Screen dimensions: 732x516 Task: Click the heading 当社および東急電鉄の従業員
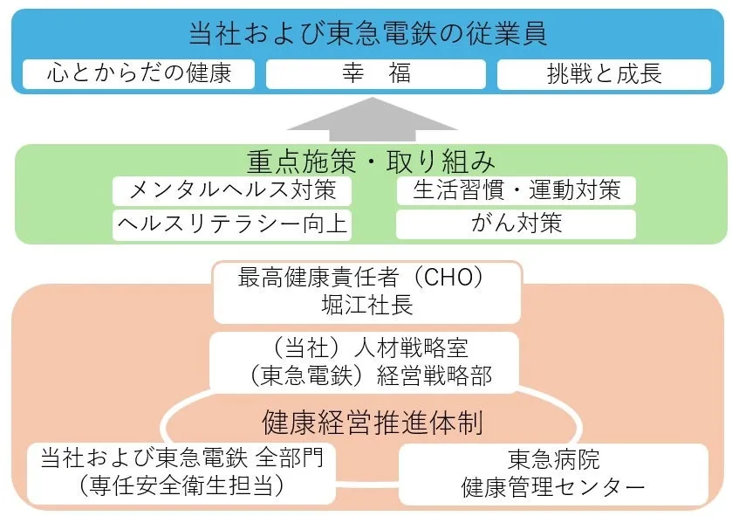[367, 34]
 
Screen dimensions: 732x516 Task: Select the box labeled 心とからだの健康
[139, 74]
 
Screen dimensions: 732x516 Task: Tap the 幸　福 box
[376, 74]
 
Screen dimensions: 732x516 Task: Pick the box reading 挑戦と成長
[604, 74]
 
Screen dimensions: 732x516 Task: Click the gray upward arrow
[372, 119]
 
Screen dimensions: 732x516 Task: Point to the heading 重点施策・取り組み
[371, 162]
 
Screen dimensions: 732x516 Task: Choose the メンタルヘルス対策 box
[232, 190]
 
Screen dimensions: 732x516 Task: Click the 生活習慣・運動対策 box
[517, 190]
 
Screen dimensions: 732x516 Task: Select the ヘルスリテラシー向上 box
[232, 225]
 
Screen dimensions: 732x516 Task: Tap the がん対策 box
[516, 224]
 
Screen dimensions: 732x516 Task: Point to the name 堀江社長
[367, 306]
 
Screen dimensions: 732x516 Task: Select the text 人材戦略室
[411, 347]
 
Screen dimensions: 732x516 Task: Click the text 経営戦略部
[434, 376]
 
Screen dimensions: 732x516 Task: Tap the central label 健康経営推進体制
[372, 423]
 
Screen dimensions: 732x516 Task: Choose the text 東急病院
[554, 459]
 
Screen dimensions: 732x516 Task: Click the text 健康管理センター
[553, 487]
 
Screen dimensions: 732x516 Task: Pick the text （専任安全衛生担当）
[181, 485]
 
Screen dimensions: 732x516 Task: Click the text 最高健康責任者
[318, 278]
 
